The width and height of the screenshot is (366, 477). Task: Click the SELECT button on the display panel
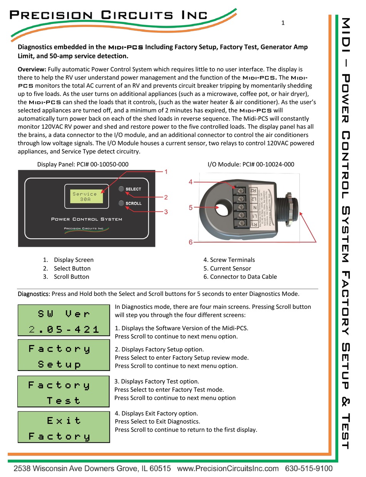(x=121, y=189)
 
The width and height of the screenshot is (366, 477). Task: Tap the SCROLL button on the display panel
(x=121, y=203)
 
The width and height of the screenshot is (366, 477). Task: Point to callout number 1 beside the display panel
(x=166, y=172)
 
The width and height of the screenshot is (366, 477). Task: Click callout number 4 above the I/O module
(x=190, y=182)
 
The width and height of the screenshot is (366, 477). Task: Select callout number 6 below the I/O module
(x=190, y=242)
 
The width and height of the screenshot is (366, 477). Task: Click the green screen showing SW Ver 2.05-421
(x=64, y=320)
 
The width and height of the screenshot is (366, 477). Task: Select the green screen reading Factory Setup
(x=64, y=356)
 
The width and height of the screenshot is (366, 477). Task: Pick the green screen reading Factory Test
(x=64, y=392)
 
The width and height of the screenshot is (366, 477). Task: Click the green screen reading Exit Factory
(x=64, y=427)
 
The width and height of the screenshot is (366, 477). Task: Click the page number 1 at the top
(x=283, y=23)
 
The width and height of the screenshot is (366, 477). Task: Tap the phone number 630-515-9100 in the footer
(x=309, y=469)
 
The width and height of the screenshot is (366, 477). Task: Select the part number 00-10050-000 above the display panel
(x=107, y=164)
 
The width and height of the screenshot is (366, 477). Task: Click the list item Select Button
(x=72, y=268)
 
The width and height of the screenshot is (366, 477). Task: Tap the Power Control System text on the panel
(x=87, y=219)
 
